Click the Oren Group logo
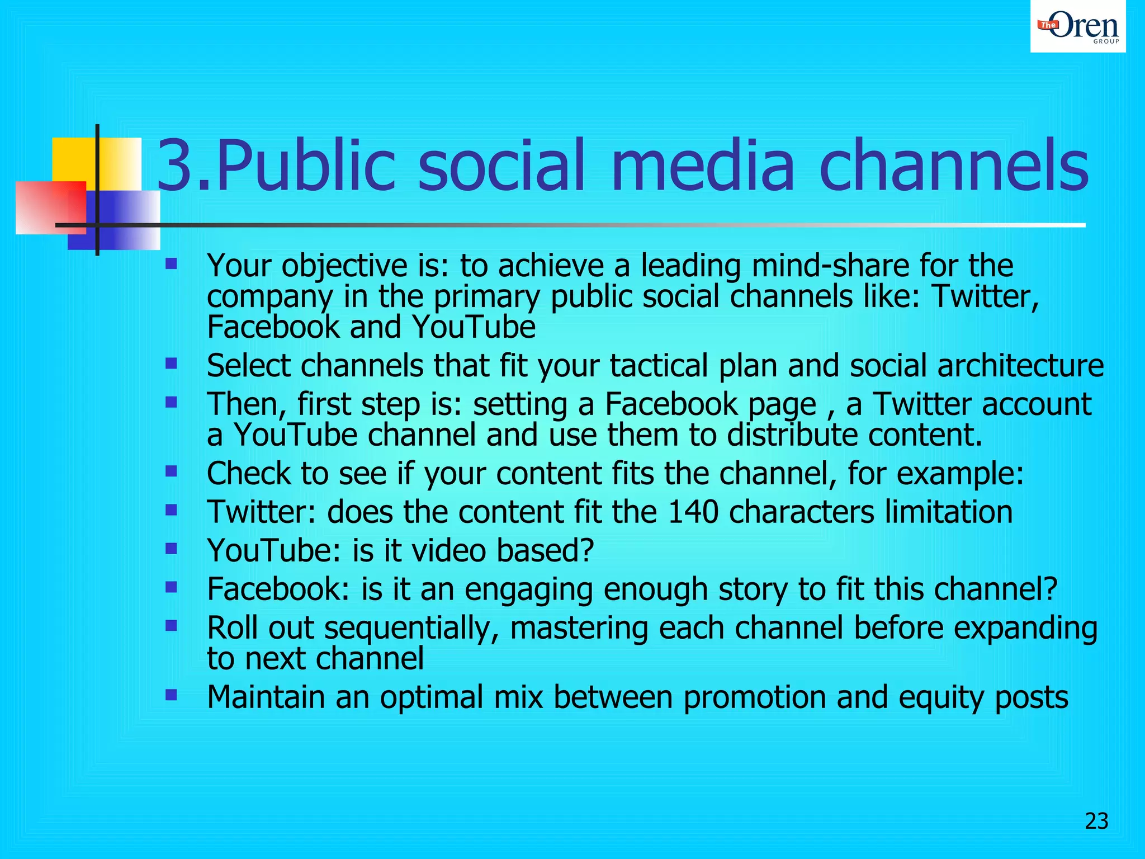1077,27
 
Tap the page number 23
1096,821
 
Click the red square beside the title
50,207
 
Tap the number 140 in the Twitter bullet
693,512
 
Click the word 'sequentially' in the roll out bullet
411,628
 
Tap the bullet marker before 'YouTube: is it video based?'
171,549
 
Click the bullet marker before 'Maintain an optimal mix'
171,695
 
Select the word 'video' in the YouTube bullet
444,551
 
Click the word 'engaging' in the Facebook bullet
528,590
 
